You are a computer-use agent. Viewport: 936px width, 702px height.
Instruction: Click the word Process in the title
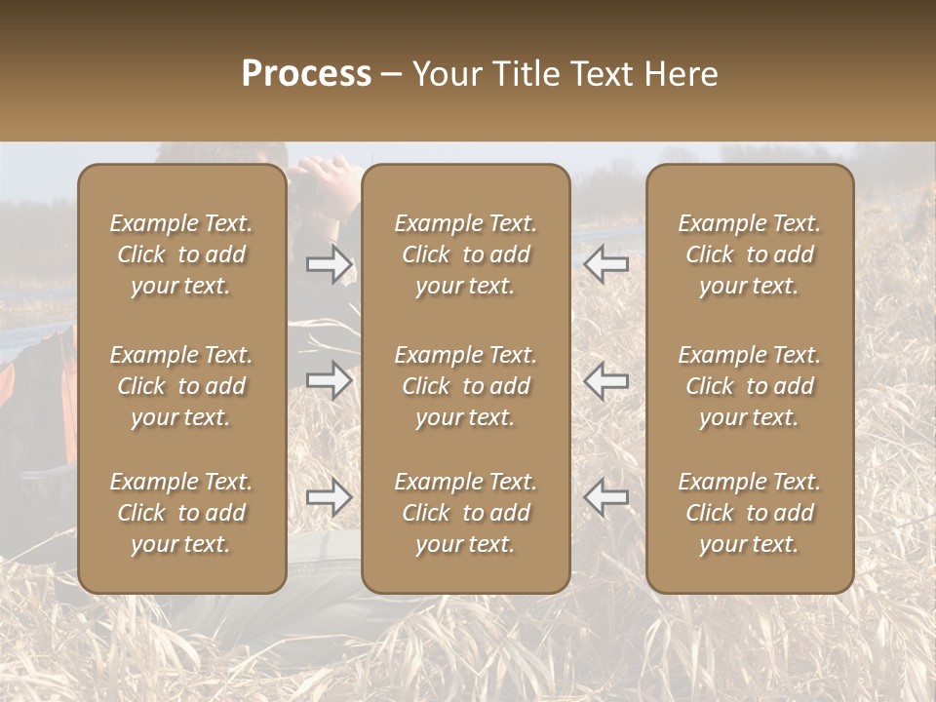[x=306, y=74]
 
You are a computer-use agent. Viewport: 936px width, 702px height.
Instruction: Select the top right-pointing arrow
[x=329, y=264]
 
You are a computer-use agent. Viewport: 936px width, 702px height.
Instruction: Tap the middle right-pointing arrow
[x=329, y=380]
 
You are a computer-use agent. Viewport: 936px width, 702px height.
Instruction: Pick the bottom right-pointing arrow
[x=329, y=497]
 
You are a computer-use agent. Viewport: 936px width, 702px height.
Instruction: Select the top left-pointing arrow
[x=606, y=264]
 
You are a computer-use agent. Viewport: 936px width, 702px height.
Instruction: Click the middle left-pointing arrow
[x=606, y=380]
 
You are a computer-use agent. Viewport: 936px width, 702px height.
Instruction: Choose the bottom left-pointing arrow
[x=606, y=497]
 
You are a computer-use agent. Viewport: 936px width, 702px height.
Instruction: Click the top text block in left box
[x=181, y=254]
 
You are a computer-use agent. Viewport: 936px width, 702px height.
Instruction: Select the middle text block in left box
[x=181, y=386]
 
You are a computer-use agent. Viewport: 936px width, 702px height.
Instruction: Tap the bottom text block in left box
[x=181, y=513]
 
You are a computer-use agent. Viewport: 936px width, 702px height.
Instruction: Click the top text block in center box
[x=465, y=254]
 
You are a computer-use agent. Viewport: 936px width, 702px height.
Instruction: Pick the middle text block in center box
[x=465, y=386]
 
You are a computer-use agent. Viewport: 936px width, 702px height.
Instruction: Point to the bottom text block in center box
[x=465, y=513]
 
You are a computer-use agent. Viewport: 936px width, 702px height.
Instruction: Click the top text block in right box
[x=749, y=254]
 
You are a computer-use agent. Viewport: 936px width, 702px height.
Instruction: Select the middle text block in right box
[x=749, y=386]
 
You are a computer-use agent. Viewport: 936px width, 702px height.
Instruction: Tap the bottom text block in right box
[x=749, y=513]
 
